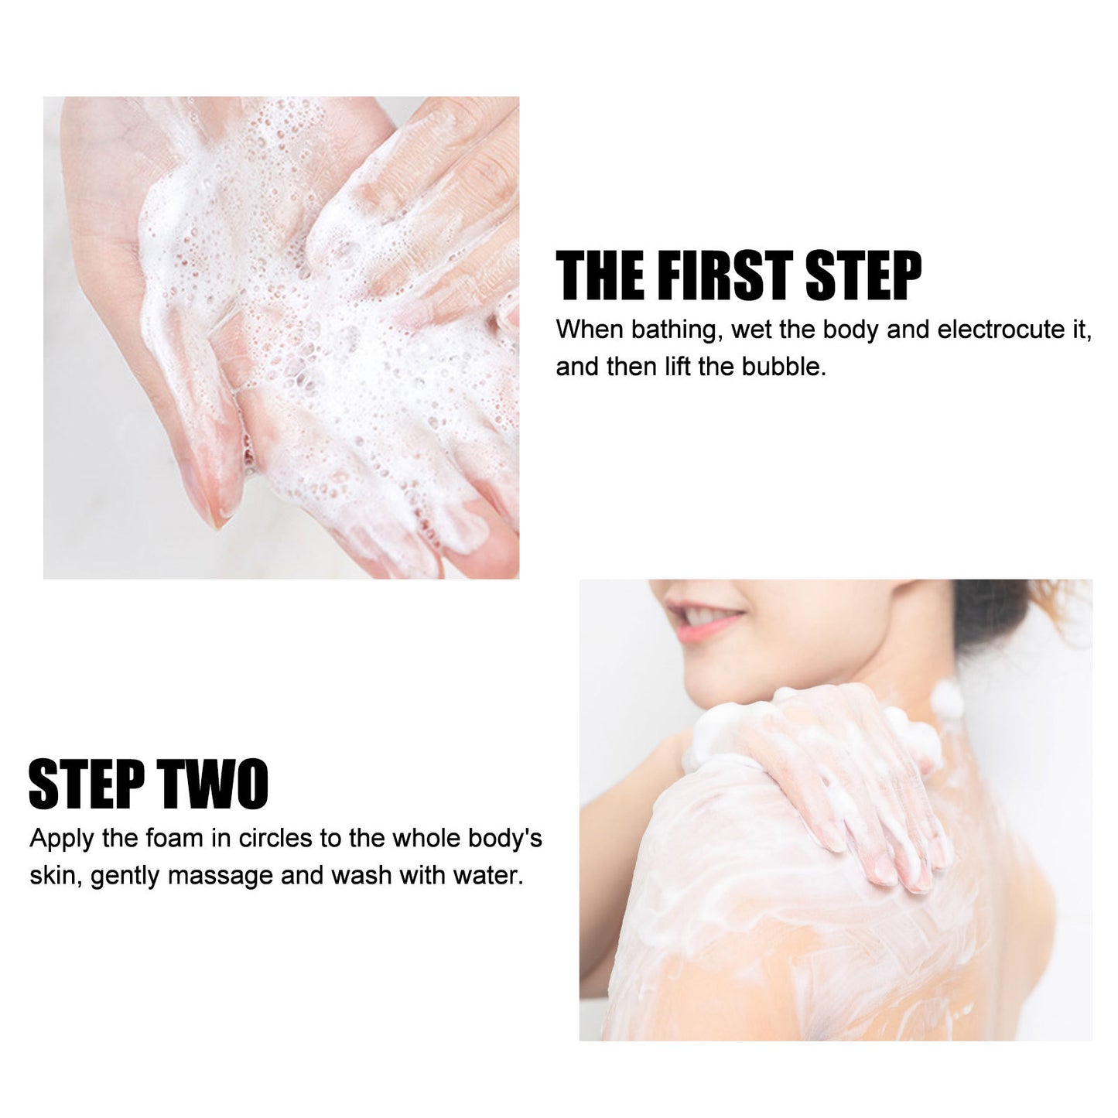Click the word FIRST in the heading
(x=733, y=276)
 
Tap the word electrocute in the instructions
(x=1001, y=330)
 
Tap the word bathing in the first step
(x=674, y=330)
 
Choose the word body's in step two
(x=505, y=839)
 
